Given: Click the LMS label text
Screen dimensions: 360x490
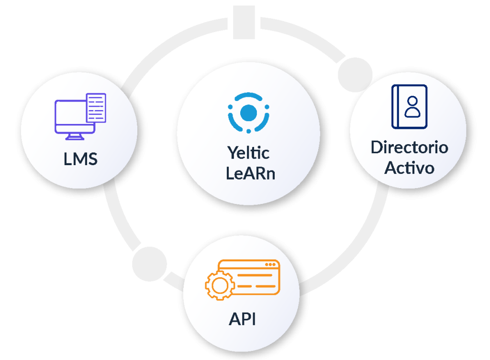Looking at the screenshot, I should (80, 159).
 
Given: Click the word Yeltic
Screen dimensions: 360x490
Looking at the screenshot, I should (248, 153).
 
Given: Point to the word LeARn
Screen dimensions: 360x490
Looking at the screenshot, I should (248, 172).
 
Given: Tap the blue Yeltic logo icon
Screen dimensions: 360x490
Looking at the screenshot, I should (248, 112).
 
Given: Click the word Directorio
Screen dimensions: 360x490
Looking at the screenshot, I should (409, 147).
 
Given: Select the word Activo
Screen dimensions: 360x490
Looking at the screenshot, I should (409, 168).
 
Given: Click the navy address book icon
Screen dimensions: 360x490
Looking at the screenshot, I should (409, 107).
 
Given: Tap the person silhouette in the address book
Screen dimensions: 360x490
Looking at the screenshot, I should (412, 106).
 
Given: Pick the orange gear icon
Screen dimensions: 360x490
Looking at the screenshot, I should (220, 286).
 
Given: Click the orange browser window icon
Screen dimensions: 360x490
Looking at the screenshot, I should (249, 278).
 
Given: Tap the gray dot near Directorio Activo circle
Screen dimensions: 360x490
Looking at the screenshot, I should (355, 74).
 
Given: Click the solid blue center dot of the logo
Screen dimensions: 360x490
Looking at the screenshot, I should (248, 112).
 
